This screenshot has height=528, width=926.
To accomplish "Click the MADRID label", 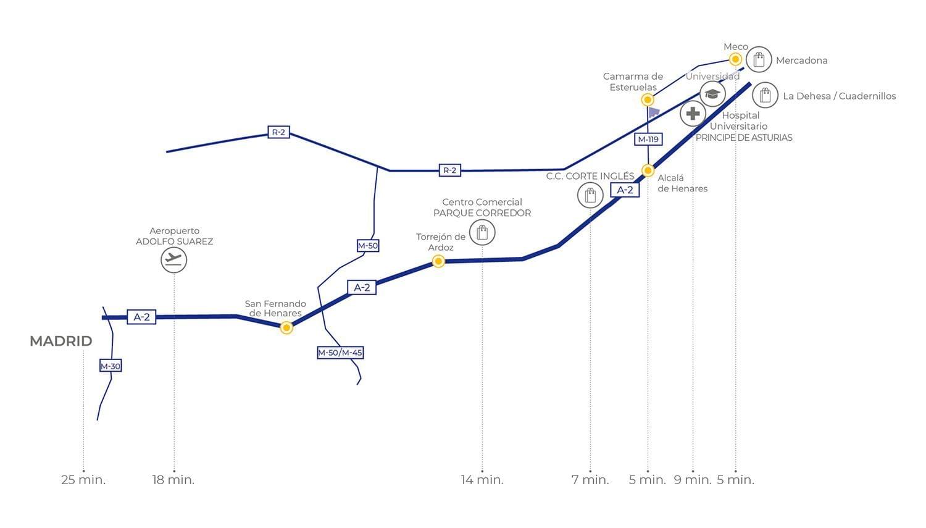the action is (61, 341).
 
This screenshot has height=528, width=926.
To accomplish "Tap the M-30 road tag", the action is (111, 366).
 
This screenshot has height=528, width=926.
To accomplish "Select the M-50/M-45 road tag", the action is (340, 353).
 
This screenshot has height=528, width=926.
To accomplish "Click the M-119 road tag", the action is (648, 140).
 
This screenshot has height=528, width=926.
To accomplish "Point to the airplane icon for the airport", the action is (173, 259).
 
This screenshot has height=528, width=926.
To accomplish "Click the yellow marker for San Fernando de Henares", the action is (286, 328).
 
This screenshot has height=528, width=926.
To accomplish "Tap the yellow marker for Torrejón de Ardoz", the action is (438, 261).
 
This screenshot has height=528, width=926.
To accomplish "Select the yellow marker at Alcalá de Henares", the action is (648, 170).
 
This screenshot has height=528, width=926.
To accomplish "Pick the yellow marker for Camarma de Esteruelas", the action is (648, 99).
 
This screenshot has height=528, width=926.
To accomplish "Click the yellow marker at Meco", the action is (735, 59).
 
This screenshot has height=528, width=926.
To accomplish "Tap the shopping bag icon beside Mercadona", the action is (759, 59).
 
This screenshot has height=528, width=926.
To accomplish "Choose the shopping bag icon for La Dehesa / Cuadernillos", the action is (765, 95).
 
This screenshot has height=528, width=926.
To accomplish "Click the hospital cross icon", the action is (693, 113).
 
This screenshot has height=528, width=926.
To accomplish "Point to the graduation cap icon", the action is (712, 94).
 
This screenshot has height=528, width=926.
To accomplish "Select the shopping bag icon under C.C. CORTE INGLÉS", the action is (590, 195).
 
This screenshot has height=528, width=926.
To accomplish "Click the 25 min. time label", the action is (83, 480).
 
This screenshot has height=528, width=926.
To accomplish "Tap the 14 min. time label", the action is (482, 480).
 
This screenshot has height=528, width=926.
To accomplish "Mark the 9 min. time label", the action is (693, 480).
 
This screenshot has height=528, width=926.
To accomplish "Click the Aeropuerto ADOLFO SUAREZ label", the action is (175, 236).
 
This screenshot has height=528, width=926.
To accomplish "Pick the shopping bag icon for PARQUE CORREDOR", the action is (482, 232).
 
